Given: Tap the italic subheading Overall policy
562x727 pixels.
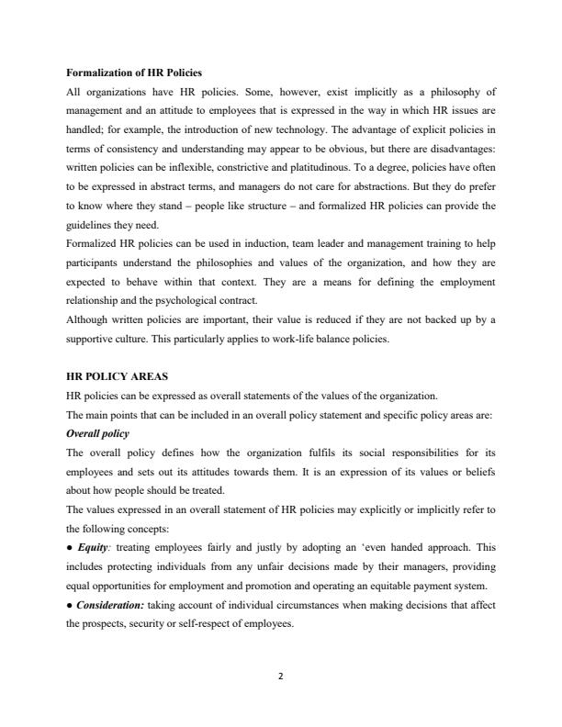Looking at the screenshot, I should tap(98, 433).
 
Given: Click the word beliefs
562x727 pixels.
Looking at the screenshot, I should tap(478, 472).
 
